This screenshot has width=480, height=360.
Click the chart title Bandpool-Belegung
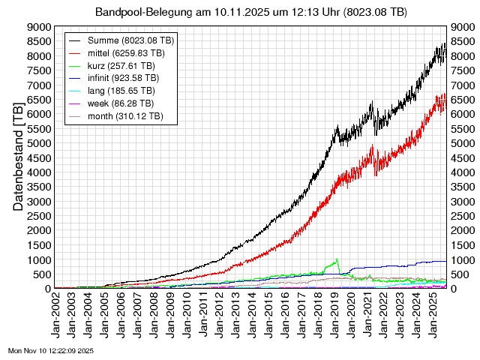coord(251,12)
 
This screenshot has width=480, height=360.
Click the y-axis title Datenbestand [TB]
coord(19,157)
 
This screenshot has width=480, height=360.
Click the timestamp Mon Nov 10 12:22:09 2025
coord(51,350)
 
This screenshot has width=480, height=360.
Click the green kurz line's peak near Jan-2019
coord(337,259)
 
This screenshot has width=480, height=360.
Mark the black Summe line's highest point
coord(445,43)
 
